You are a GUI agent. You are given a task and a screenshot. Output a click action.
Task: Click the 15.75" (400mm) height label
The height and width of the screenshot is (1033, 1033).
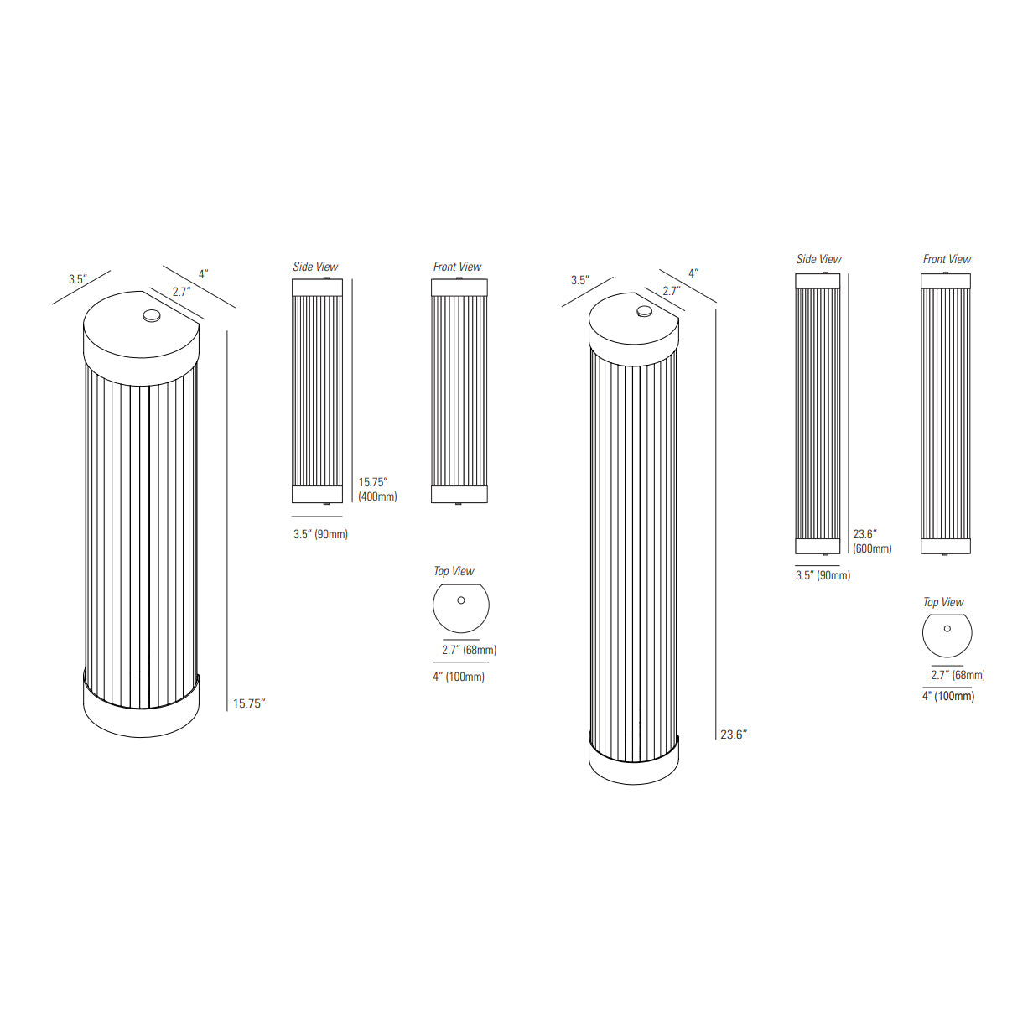coord(377,490)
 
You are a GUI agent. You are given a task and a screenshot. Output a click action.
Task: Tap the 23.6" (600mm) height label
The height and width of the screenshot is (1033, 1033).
coord(872,542)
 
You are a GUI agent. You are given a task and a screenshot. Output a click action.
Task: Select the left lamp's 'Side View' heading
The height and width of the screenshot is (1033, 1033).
coord(315,267)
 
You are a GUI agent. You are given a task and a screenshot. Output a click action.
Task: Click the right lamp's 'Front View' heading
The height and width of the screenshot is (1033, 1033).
coord(947,259)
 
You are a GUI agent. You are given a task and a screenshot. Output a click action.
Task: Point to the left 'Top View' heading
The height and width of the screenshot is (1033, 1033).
coord(454,571)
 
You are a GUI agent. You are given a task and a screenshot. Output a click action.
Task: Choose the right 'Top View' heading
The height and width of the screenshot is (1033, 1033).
coord(943,602)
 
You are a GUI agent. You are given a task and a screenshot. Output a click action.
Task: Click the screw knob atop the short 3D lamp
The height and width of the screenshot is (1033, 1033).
coord(152,316)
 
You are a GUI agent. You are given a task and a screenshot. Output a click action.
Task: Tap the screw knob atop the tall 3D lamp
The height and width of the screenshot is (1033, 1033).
coord(644,311)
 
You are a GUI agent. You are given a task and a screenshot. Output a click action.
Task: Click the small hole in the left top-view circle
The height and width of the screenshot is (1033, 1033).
coord(461,600)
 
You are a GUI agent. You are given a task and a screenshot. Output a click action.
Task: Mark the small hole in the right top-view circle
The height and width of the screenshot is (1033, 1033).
coord(947,628)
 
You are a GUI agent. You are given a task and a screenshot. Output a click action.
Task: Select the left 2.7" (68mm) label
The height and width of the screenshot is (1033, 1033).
coord(469,650)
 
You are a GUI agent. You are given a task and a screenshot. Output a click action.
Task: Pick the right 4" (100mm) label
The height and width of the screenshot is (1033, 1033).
coord(948,696)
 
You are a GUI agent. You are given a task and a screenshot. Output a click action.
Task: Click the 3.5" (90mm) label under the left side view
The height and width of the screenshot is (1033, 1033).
coord(320,534)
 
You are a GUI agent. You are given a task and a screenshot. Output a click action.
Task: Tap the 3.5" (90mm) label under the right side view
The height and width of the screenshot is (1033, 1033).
coord(823,575)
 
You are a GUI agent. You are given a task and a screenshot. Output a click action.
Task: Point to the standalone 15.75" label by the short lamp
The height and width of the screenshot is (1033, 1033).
coord(249,703)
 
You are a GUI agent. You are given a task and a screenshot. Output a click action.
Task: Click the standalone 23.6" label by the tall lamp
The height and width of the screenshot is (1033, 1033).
coord(734,735)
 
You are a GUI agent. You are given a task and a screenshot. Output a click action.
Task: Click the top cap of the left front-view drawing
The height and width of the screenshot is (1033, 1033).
coord(459,288)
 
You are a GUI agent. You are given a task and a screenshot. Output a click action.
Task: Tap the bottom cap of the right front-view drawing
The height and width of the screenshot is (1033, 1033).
coord(946,546)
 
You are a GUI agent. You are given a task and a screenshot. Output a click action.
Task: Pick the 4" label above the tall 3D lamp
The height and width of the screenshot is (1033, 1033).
coord(693,273)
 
